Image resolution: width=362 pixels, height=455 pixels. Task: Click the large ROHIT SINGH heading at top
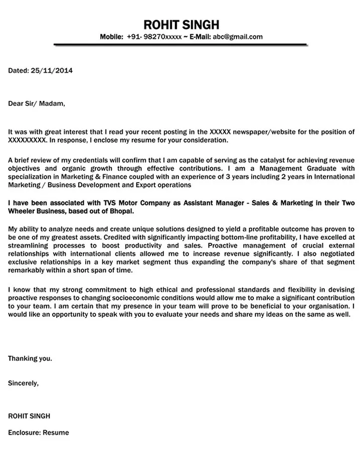point(181,25)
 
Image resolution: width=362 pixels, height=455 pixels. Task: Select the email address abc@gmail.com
point(237,37)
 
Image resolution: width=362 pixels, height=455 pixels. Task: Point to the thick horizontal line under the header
point(180,45)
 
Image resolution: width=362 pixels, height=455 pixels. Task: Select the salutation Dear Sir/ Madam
point(37,104)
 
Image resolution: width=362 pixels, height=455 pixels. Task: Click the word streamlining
point(29,246)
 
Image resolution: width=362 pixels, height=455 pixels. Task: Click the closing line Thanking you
point(30,359)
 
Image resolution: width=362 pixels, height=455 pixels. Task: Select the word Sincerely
point(23,383)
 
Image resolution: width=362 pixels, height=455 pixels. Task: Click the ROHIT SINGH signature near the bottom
point(29,416)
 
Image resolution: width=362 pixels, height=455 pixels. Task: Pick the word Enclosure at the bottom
point(24,432)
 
